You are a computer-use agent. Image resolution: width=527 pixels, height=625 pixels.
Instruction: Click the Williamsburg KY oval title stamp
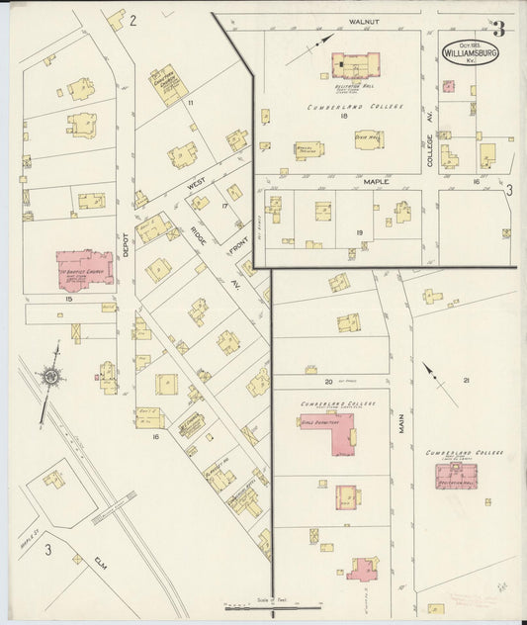pyautogui.click(x=471, y=50)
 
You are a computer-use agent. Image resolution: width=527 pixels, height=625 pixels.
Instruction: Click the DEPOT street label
pyautogui.click(x=126, y=252)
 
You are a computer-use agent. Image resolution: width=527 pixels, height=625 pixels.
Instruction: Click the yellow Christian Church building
pyautogui.click(x=169, y=84)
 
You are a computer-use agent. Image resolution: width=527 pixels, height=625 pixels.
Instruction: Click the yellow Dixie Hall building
pyautogui.click(x=369, y=140)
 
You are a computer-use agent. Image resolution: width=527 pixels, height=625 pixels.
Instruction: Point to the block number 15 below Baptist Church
pyautogui.click(x=69, y=298)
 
